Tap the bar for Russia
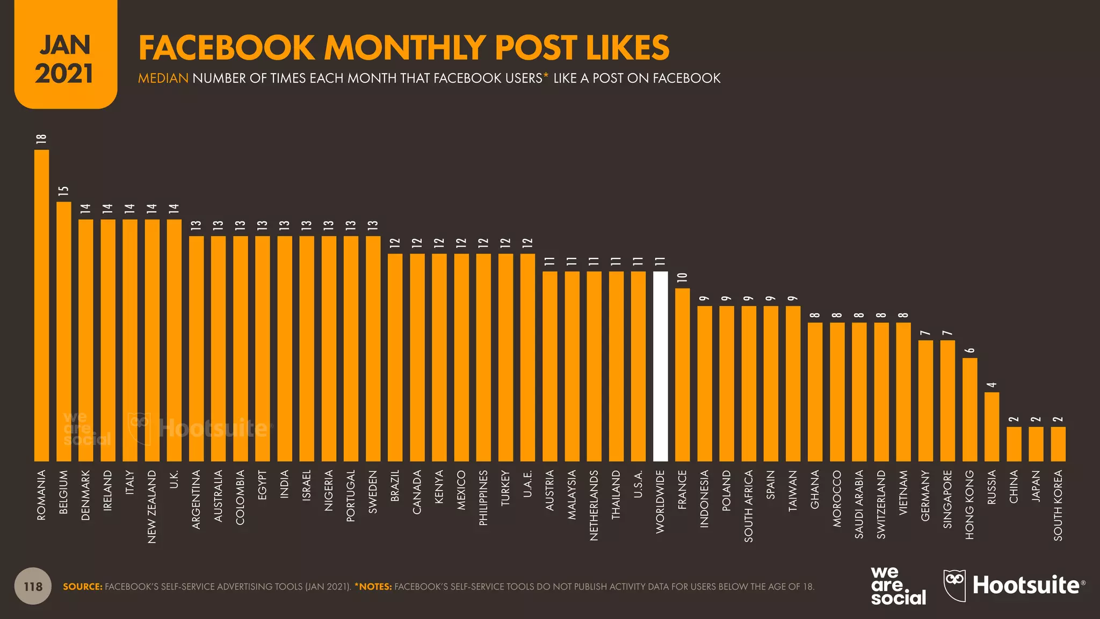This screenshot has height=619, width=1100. (x=992, y=427)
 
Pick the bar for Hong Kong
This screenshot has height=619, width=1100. (x=969, y=409)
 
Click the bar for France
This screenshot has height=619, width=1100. (x=682, y=375)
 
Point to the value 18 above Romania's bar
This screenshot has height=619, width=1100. (x=41, y=139)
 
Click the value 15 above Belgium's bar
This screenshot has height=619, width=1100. (x=63, y=191)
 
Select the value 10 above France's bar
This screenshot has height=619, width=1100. (x=682, y=278)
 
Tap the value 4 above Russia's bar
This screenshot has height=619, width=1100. (x=992, y=385)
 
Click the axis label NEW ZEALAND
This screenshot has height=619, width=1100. (x=152, y=507)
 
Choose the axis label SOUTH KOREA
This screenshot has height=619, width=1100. (x=1058, y=505)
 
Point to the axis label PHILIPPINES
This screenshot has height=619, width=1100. (x=483, y=498)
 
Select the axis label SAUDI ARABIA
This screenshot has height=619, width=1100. (x=859, y=504)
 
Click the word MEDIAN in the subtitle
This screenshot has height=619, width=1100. (x=163, y=78)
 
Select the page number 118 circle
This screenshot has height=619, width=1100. (x=33, y=586)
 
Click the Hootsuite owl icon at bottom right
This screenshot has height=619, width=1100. (x=954, y=585)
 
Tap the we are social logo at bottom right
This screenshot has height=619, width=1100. (x=898, y=586)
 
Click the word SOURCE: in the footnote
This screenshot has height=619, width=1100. (x=82, y=587)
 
